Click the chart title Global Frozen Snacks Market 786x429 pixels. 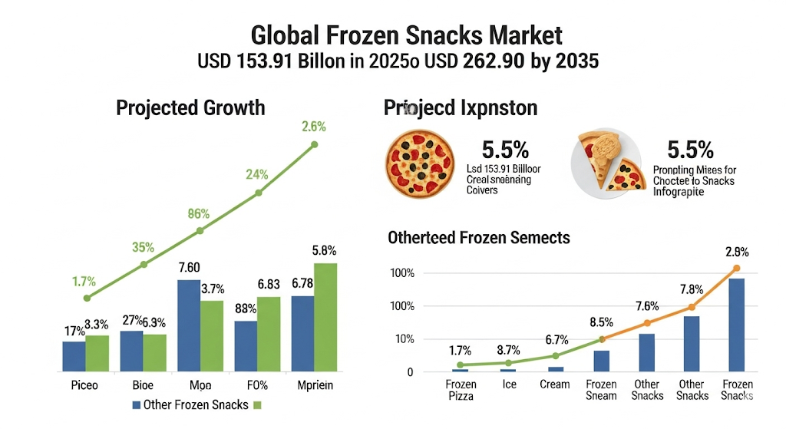[x=407, y=35]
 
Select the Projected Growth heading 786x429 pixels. [x=190, y=107]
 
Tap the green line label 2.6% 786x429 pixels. [x=314, y=127]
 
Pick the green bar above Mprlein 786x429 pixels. [x=325, y=317]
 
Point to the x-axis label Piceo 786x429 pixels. [x=84, y=385]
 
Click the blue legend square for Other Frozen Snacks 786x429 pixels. [x=137, y=404]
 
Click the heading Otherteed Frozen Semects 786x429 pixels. [x=479, y=238]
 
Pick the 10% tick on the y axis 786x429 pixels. [x=403, y=339]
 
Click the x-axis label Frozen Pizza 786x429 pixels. [x=461, y=390]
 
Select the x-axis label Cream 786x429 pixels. [x=556, y=384]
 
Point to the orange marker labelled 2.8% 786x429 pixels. [x=736, y=268]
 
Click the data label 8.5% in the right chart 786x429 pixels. [x=603, y=323]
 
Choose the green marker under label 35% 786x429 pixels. [x=144, y=265]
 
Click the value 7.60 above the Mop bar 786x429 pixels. [x=189, y=267]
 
